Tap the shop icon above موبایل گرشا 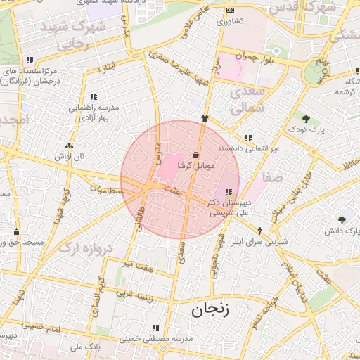tap(195, 155)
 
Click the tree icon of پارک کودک tap(306, 118)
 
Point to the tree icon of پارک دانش tap(342, 219)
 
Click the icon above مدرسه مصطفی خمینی tap(155, 327)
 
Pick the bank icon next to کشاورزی tap(231, 11)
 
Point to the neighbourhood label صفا tap(273, 178)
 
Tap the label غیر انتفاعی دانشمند tap(249, 148)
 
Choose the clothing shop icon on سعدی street tap(205, 119)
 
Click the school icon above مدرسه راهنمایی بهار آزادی tap(94, 96)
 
